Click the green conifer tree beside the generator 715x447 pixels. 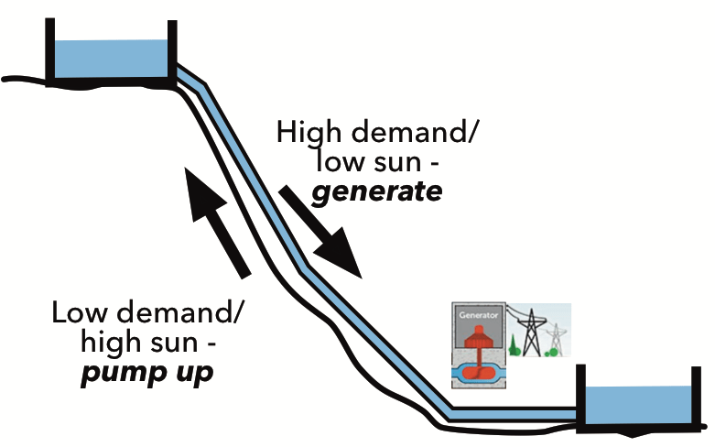[x=514, y=346]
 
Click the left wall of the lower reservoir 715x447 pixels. [x=580, y=398]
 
